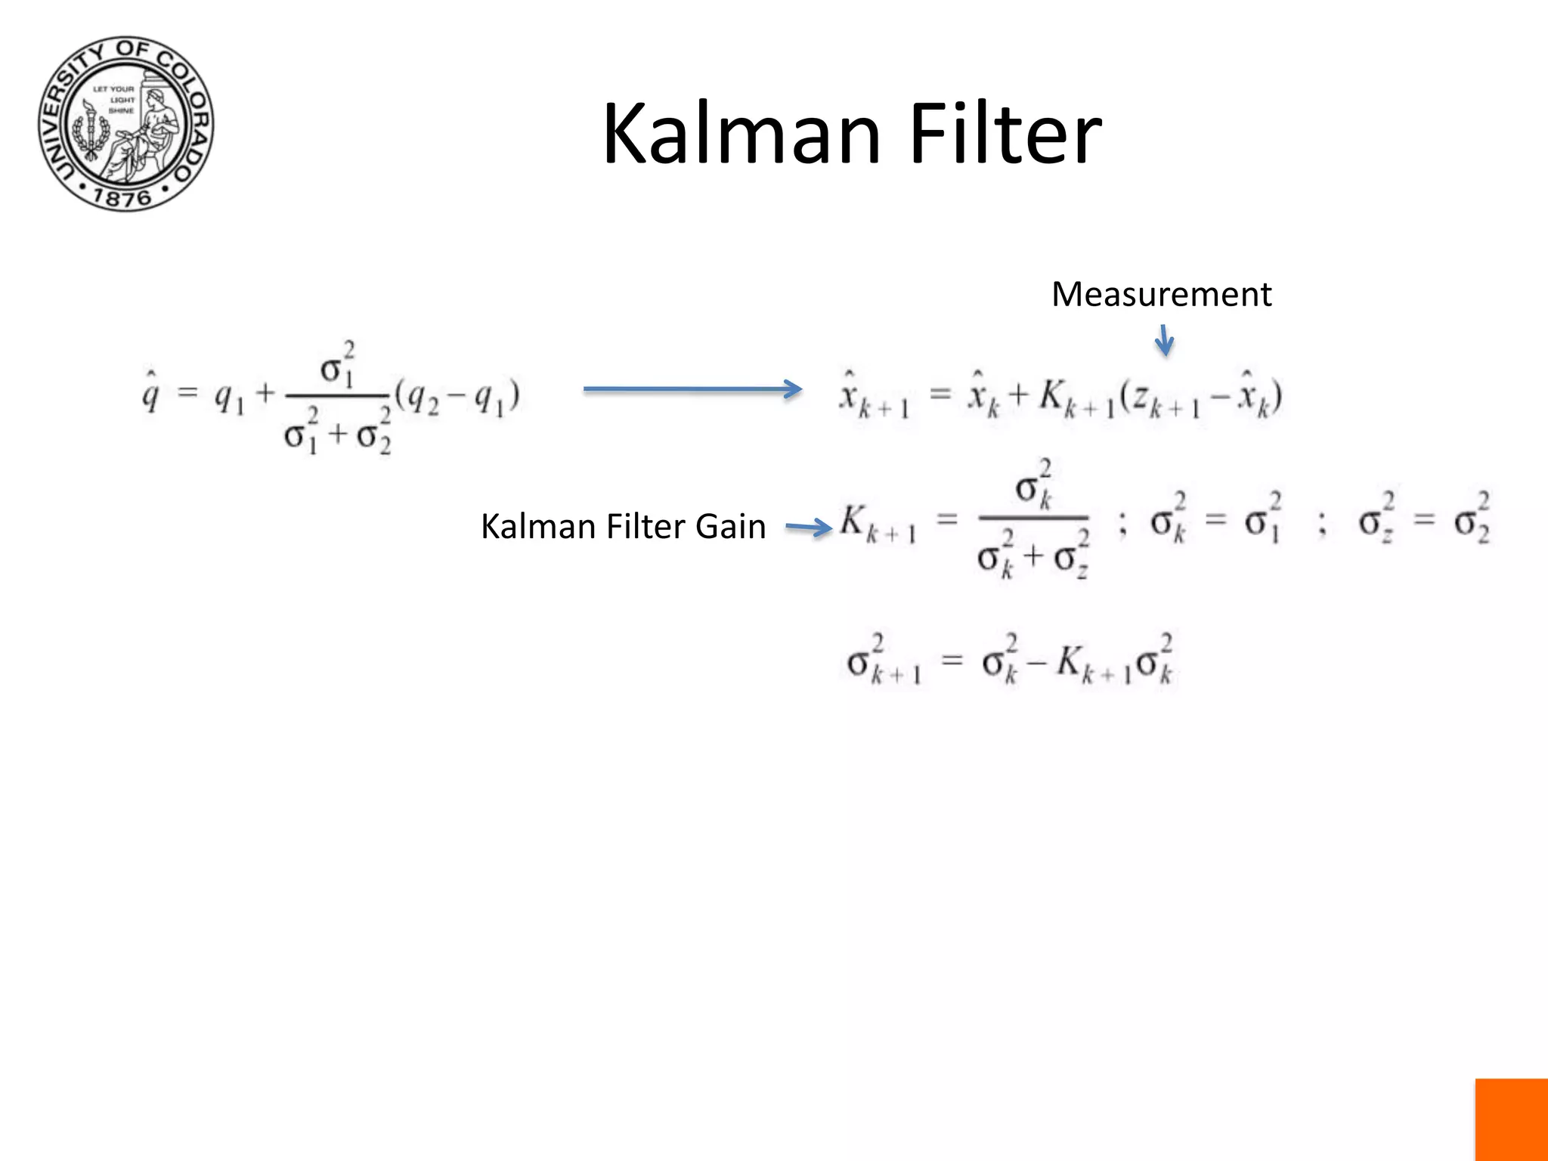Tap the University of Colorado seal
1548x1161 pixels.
tap(126, 124)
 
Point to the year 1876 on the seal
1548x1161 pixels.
tap(122, 198)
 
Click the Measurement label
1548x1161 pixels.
tap(1161, 294)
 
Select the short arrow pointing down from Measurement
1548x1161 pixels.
tap(1164, 340)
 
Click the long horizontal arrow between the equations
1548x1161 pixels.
tap(692, 389)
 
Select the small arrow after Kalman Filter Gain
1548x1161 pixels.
tap(808, 528)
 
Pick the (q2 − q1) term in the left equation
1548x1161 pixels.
tap(458, 397)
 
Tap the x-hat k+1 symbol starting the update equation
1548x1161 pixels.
tap(874, 397)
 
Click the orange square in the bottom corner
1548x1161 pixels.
tap(1511, 1119)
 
